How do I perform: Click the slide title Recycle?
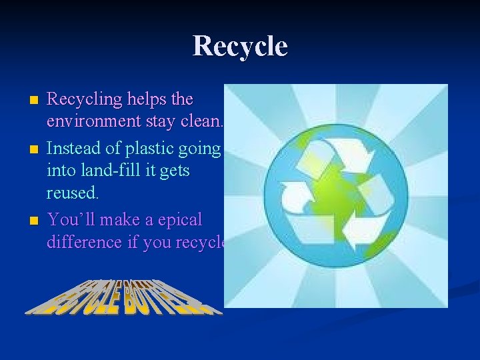[240, 47]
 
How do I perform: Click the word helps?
[147, 100]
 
